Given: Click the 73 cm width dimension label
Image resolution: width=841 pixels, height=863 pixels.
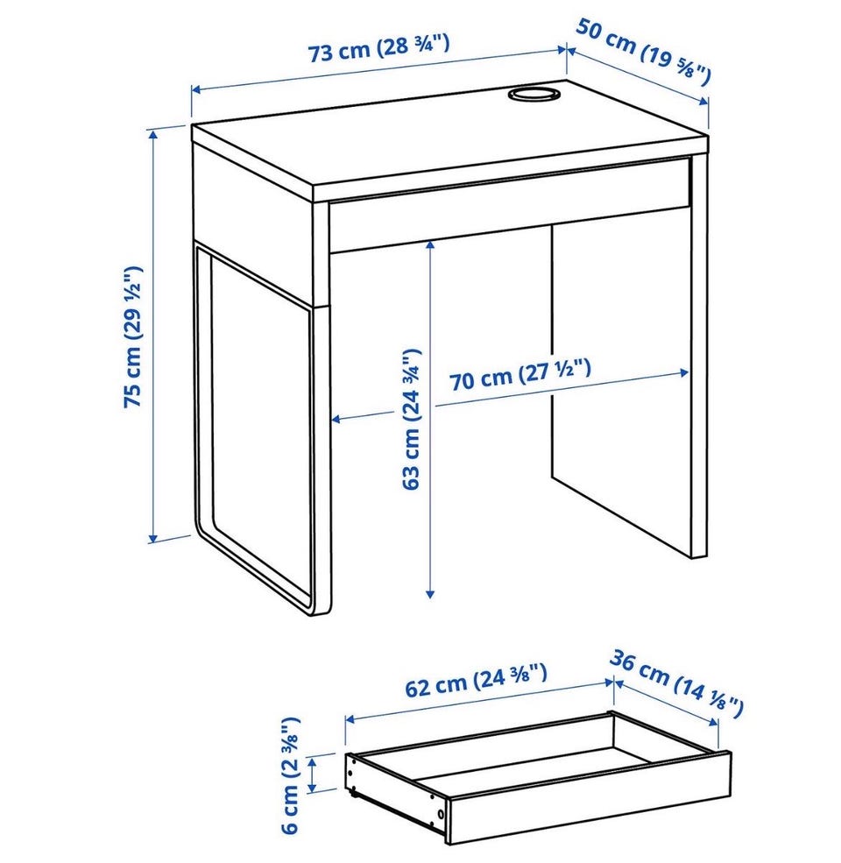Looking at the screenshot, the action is coord(378,48).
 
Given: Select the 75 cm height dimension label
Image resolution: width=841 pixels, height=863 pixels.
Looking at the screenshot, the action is coord(132,336).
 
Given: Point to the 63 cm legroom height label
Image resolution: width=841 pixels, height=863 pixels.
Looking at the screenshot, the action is coord(411,419).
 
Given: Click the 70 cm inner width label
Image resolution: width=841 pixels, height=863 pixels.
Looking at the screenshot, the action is coord(520,374).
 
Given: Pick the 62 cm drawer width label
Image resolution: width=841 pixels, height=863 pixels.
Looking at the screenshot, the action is coord(476,680).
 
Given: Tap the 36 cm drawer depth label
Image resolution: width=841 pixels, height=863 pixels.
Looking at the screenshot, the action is coord(677,683).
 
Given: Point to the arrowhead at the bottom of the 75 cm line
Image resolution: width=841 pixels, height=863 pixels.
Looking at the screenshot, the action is coord(153,536).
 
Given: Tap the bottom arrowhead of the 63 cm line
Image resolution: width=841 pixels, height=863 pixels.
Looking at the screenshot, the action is coord(430,593).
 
